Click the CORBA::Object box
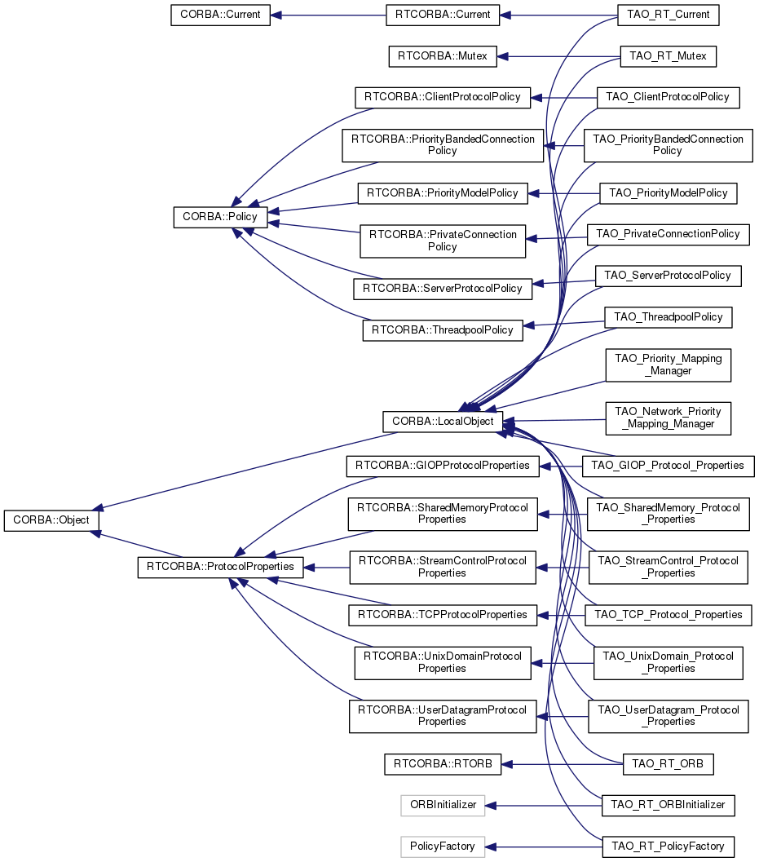pos(51,520)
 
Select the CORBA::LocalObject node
pos(443,422)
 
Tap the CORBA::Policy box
pos(220,217)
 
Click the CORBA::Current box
pos(220,15)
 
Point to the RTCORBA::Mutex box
pos(442,57)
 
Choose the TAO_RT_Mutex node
pos(668,57)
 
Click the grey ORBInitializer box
pos(443,805)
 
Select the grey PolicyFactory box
pos(443,847)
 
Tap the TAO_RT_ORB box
pos(668,764)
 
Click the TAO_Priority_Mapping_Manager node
pos(668,365)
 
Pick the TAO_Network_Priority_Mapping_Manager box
pos(668,418)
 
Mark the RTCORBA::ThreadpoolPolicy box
pos(442,330)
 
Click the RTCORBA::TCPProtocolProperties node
pos(443,614)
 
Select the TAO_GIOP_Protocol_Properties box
pos(669,466)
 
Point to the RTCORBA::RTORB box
pos(442,764)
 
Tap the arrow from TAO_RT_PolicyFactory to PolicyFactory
pos(542,847)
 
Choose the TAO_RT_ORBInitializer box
pos(668,805)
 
